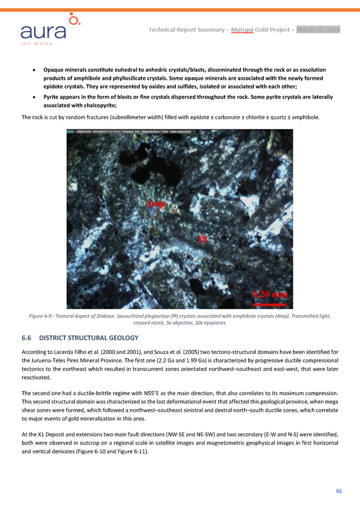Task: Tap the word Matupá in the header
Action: click(x=241, y=29)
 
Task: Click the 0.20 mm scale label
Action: click(x=269, y=294)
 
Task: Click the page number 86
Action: click(x=339, y=491)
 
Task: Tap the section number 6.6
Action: click(x=27, y=338)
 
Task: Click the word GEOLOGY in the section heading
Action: click(x=121, y=338)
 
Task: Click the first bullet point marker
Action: click(x=36, y=70)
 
